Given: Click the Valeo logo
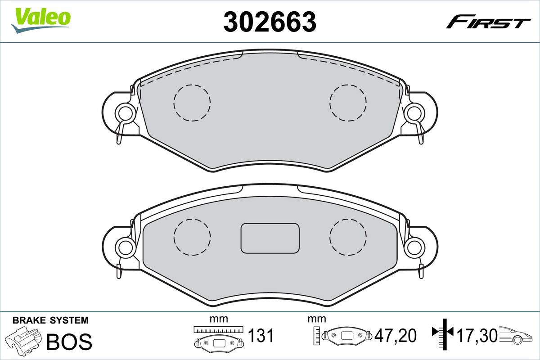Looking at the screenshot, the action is pos(41,20).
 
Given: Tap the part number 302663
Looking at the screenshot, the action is pos(270,22).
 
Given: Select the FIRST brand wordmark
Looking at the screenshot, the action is pos(488,25).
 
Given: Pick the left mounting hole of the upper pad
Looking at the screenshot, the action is pos(126,113).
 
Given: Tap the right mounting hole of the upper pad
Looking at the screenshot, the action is pos(414,113).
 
